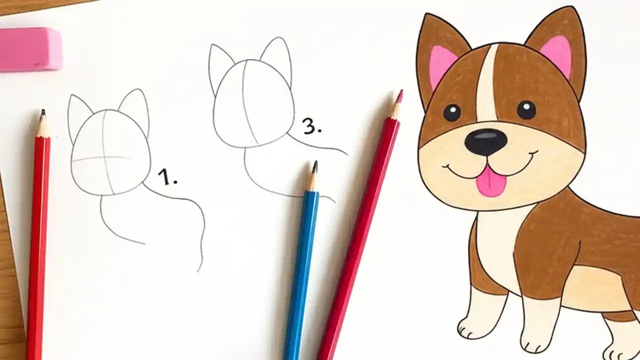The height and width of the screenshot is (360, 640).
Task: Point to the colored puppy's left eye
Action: [x=452, y=112]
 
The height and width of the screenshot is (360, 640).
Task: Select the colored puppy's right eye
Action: [x=526, y=109]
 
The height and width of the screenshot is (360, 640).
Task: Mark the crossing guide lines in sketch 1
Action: [x=103, y=158]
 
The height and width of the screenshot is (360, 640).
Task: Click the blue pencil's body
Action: [x=301, y=265]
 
